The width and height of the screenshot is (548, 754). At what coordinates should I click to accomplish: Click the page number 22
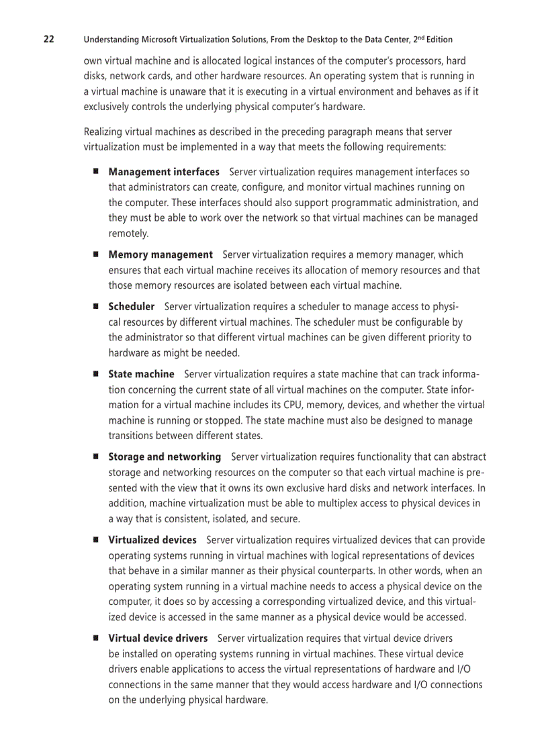point(49,39)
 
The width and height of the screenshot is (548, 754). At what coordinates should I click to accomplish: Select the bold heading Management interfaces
point(164,173)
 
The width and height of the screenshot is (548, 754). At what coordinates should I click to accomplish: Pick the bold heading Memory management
point(161,255)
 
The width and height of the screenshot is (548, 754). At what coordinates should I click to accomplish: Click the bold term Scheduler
point(132,307)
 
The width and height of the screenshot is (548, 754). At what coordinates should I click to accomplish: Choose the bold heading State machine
point(142,374)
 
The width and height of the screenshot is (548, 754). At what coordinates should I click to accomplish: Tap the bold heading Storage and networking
point(165,457)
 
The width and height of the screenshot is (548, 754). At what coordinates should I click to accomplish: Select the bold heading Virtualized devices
point(152,540)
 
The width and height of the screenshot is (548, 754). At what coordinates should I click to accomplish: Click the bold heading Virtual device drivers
point(158,638)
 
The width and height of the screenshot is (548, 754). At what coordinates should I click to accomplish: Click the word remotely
point(128,234)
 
